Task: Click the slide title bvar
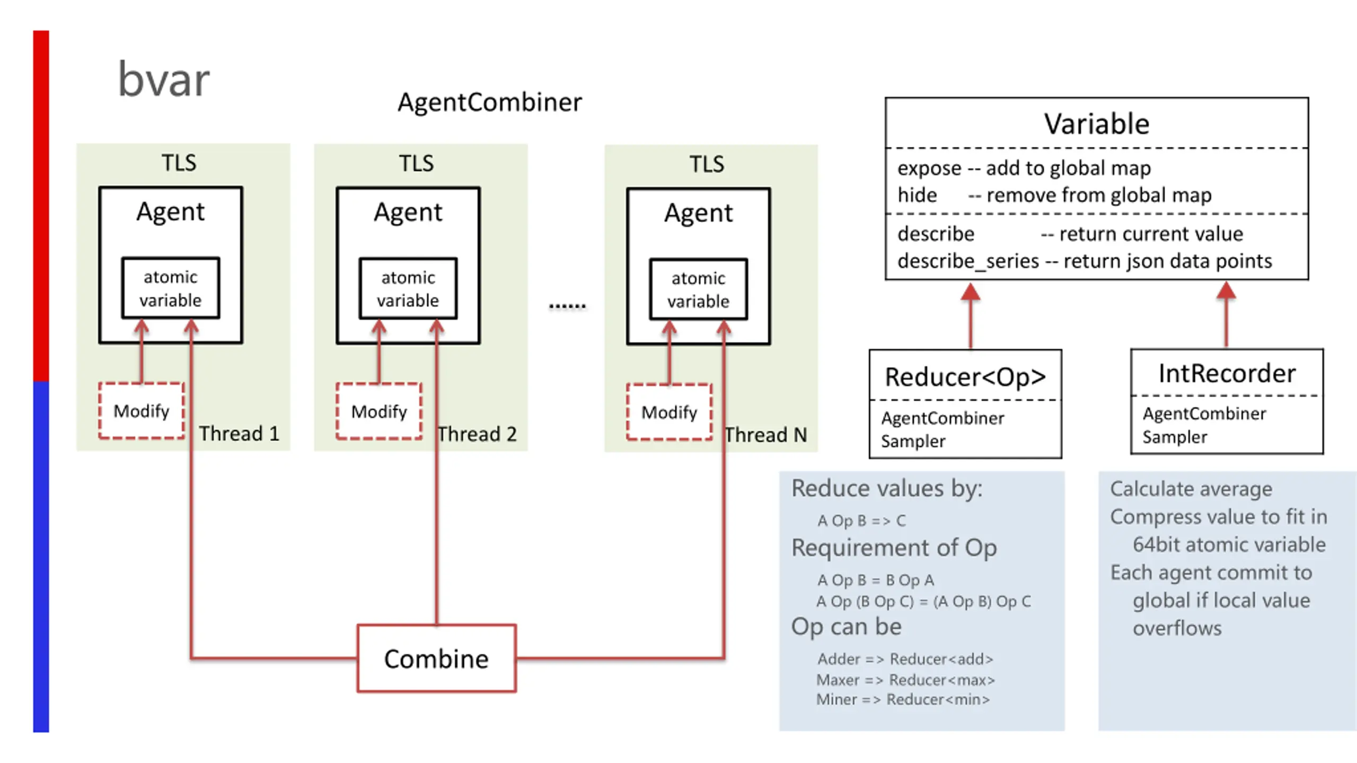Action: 163,80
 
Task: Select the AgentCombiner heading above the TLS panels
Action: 489,102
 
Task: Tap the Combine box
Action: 436,659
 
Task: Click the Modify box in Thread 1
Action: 142,411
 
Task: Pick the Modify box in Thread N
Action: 669,412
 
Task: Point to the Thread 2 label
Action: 477,434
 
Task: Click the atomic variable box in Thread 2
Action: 408,289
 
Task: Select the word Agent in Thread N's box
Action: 698,213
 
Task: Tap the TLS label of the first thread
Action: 179,163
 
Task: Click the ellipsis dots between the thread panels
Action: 567,306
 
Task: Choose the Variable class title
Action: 1096,124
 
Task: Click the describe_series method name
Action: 968,261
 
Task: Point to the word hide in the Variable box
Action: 917,195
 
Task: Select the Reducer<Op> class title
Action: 965,377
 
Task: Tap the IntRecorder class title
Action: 1227,373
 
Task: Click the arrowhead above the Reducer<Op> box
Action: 971,292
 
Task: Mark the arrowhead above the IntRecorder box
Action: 1226,291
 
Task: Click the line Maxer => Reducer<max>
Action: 905,680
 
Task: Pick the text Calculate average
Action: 1191,489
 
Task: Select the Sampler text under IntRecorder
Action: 1175,437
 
